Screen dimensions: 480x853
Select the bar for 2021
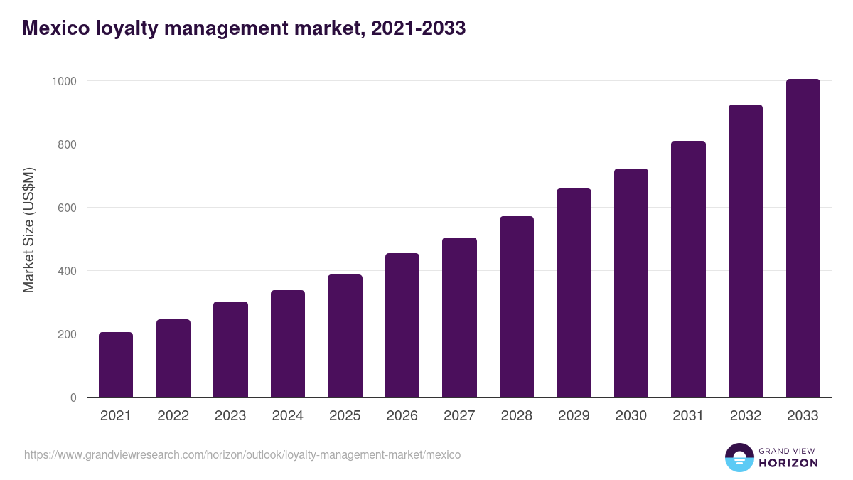pos(116,365)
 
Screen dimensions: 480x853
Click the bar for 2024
pos(288,343)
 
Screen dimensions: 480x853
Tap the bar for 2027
pos(459,317)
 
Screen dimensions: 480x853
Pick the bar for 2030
pos(631,283)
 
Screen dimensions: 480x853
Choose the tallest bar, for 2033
pos(803,238)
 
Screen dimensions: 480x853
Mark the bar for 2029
pos(574,293)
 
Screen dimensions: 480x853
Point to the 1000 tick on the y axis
pos(63,81)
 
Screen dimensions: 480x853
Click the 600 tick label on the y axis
pos(66,208)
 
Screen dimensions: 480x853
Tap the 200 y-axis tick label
pos(66,334)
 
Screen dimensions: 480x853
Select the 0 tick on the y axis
pos(73,398)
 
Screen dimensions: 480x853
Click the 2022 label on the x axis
pos(173,416)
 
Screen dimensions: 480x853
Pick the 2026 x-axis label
pos(402,416)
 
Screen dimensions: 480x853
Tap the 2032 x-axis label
pos(746,416)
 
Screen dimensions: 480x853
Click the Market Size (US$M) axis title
pos(29,230)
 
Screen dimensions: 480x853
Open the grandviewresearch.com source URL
pos(242,454)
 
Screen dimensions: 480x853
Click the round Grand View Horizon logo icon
pos(739,457)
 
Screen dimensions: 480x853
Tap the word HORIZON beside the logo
pos(788,463)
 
